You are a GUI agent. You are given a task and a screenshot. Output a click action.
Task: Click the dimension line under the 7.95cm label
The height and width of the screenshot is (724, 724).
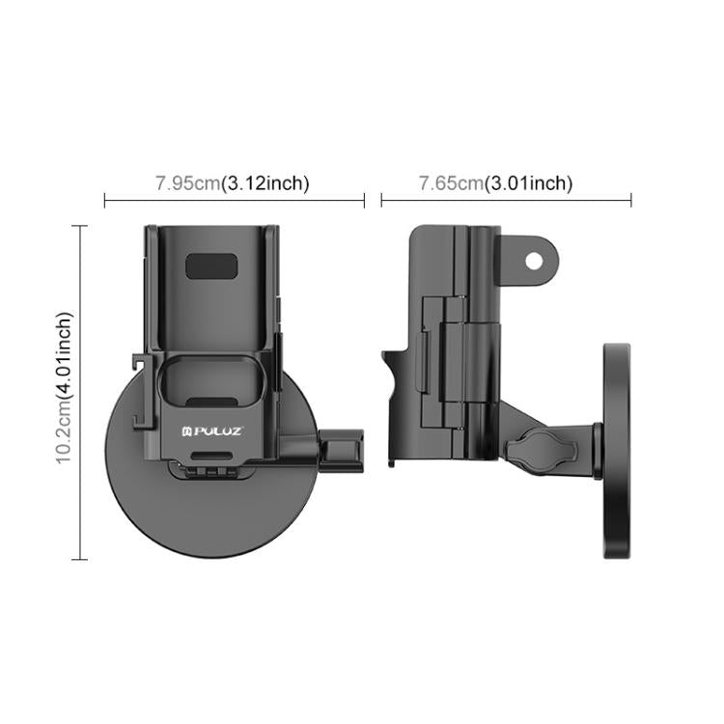pyautogui.click(x=234, y=201)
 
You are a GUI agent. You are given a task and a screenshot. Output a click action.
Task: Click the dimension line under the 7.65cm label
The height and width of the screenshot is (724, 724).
pyautogui.click(x=506, y=201)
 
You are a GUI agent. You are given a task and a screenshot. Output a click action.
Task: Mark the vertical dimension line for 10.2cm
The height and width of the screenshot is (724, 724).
pyautogui.click(x=80, y=392)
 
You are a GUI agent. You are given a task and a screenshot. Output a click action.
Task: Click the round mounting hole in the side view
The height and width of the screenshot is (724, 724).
pyautogui.click(x=533, y=260)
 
